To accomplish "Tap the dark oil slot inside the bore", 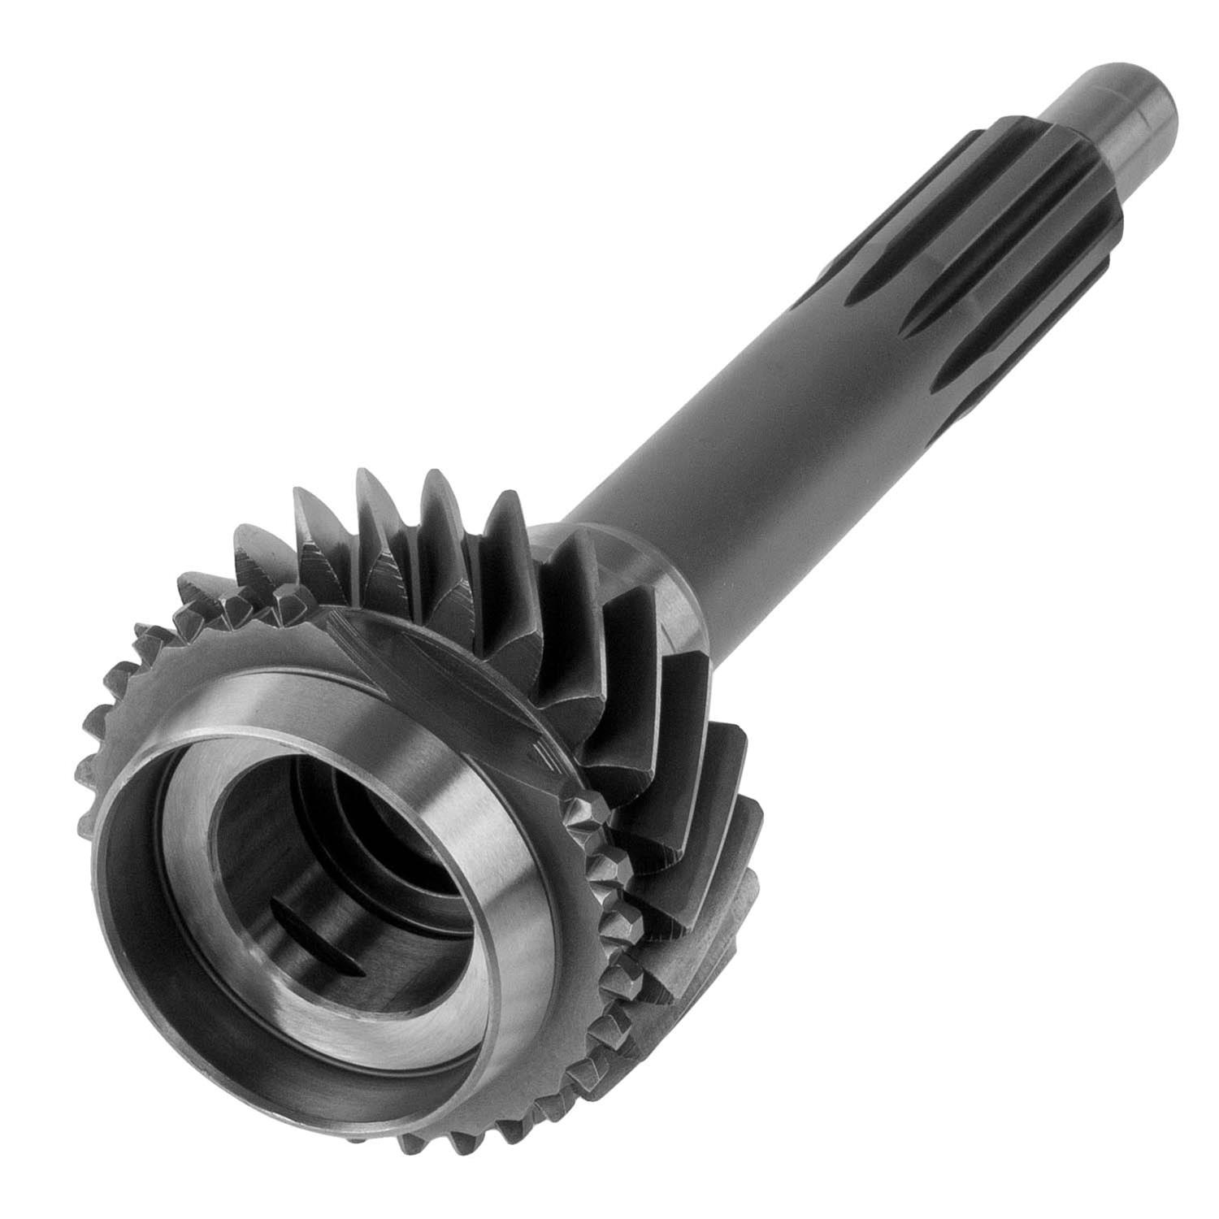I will click(317, 935).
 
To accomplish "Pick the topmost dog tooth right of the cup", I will click(585, 813).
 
